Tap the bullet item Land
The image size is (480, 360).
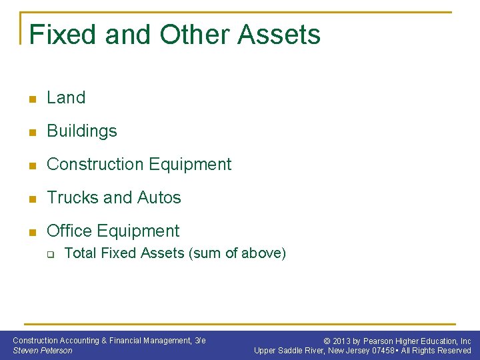(x=66, y=97)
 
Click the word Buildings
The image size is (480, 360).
(x=81, y=131)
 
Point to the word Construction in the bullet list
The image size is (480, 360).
(x=93, y=164)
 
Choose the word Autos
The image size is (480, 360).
(x=159, y=197)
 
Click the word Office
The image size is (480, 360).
(x=69, y=231)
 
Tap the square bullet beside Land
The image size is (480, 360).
(x=30, y=99)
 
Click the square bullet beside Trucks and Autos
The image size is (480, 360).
(x=30, y=199)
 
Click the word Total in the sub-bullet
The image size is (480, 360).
(x=79, y=253)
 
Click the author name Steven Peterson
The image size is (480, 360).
(x=43, y=351)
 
